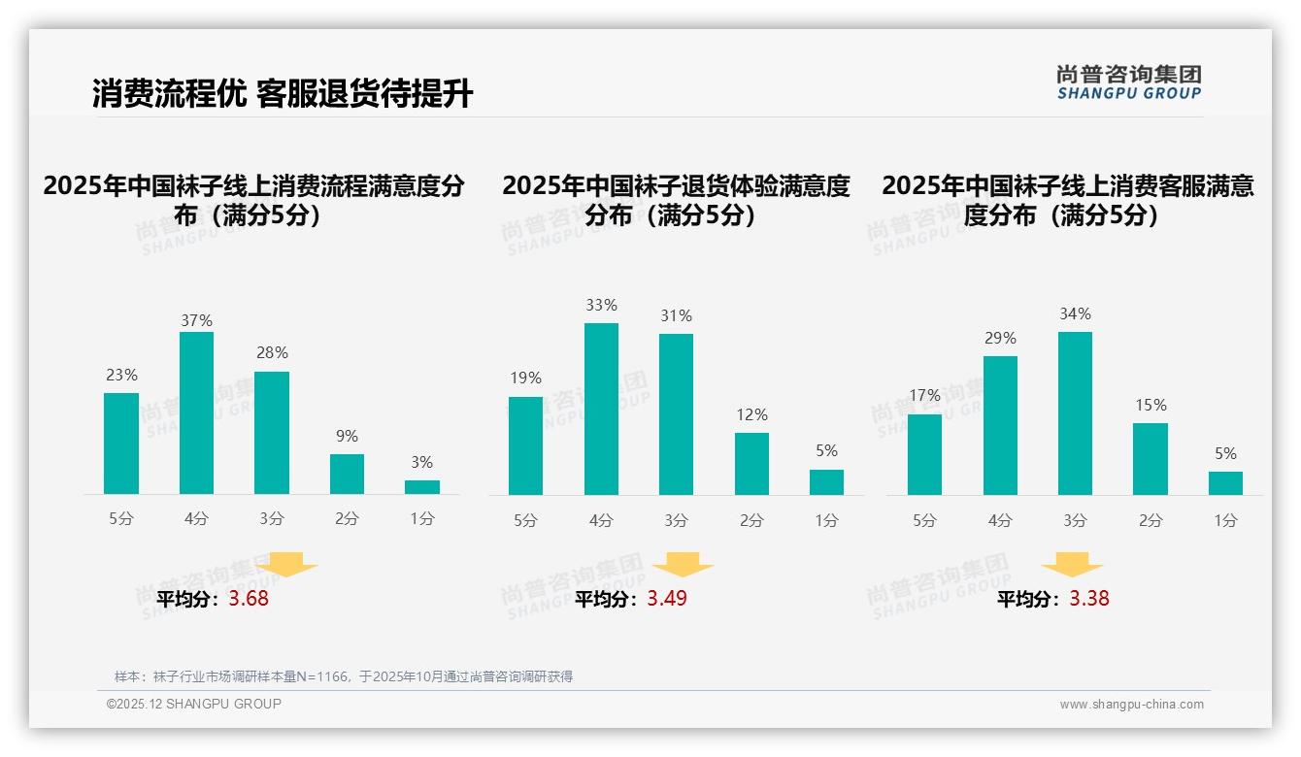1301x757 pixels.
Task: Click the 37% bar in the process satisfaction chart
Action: [x=196, y=413]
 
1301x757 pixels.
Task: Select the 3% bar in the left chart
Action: [x=422, y=487]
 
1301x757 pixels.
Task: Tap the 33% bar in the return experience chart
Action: [x=601, y=409]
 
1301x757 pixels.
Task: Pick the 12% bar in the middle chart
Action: [x=751, y=464]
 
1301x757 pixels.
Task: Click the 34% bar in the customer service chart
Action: [x=1075, y=413]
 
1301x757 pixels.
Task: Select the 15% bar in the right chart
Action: [x=1151, y=459]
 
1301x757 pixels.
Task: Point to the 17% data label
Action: [x=925, y=395]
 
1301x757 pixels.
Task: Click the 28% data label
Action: [x=272, y=352]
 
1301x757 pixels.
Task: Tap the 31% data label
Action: [x=676, y=315]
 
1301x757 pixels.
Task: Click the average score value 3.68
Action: [x=249, y=599]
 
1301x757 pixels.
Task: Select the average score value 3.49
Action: [x=667, y=599]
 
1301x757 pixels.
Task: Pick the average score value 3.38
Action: [x=1089, y=599]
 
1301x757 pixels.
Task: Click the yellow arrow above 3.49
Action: [x=684, y=565]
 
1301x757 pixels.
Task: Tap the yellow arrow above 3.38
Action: [x=1072, y=565]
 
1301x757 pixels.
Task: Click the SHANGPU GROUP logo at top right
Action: [x=1128, y=82]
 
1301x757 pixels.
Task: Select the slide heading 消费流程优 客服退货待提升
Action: [x=283, y=94]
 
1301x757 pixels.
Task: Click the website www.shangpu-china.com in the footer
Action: [x=1131, y=705]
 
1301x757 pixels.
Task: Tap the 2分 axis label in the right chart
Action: [x=1151, y=520]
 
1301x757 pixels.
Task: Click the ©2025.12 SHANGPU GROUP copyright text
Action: [x=194, y=704]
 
